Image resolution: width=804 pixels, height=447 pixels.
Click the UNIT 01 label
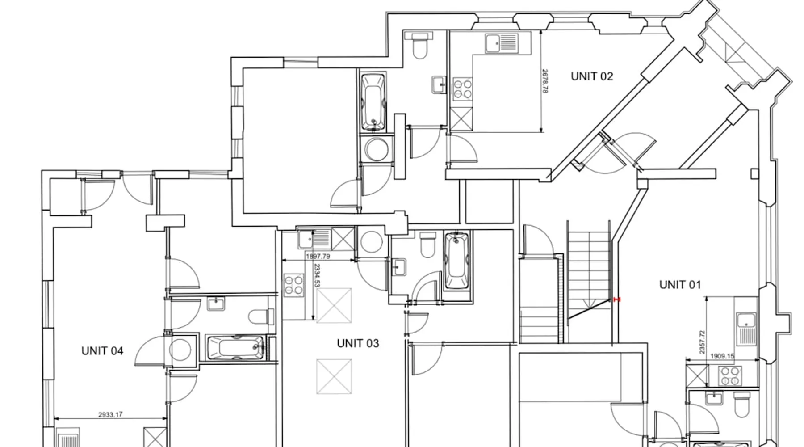pos(680,284)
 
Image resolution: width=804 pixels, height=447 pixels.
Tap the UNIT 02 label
pos(592,76)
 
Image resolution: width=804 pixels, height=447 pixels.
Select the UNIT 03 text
pos(358,343)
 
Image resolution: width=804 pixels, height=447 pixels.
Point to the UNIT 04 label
pos(102,351)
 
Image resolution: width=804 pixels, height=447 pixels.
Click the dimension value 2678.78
pos(544,81)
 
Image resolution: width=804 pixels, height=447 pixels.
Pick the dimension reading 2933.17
pos(110,415)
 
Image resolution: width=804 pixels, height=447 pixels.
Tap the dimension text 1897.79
pos(318,257)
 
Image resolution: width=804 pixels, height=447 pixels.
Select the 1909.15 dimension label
pos(723,356)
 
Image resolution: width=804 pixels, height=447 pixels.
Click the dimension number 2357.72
pos(702,342)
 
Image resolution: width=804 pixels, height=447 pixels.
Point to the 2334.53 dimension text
pos(317,276)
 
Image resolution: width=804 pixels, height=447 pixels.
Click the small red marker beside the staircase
pos(617,299)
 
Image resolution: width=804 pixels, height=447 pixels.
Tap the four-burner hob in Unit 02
pos(463,88)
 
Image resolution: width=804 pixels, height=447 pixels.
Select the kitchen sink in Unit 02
pos(501,44)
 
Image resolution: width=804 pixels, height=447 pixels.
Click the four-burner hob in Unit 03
pos(293,285)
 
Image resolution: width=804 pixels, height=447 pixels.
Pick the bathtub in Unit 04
pos(235,347)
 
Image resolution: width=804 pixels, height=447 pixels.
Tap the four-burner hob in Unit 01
pos(729,376)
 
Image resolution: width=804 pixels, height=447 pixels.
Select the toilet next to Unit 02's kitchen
pos(419,45)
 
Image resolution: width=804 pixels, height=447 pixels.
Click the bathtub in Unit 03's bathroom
pos(456,261)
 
